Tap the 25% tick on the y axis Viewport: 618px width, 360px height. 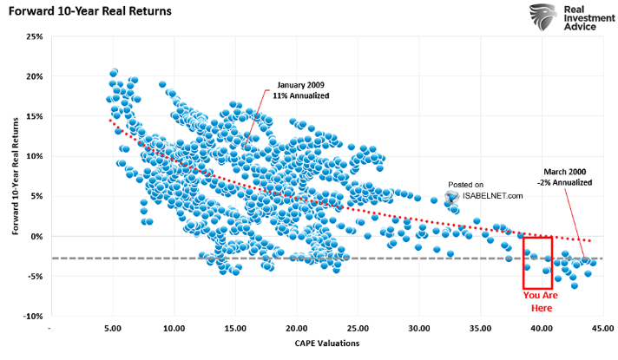click(34, 36)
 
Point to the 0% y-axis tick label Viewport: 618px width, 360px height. click(36, 236)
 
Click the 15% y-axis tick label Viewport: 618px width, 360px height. click(34, 116)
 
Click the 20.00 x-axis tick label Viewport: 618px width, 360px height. click(297, 330)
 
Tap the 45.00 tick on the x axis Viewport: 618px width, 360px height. click(603, 330)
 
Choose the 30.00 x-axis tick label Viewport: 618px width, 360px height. click(419, 330)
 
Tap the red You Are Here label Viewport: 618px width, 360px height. click(539, 300)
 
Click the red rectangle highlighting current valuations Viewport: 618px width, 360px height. click(538, 263)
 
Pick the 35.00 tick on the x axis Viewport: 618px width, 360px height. click(481, 330)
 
